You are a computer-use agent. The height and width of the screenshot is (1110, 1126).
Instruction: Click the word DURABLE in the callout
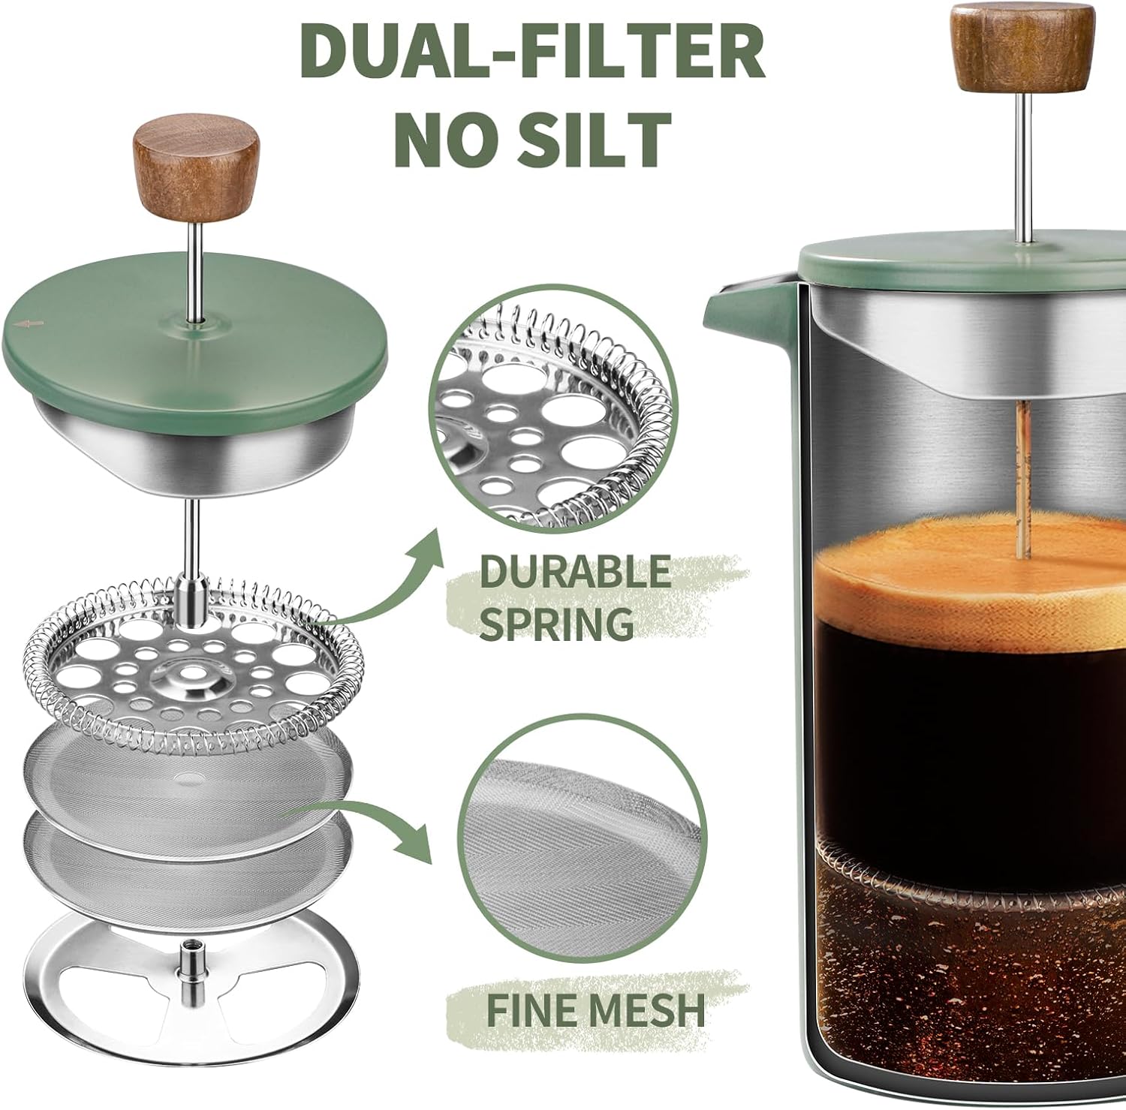click(574, 573)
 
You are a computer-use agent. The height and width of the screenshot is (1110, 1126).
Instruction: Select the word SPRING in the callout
click(555, 622)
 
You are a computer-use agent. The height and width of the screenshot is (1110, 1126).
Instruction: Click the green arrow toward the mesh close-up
click(375, 826)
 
